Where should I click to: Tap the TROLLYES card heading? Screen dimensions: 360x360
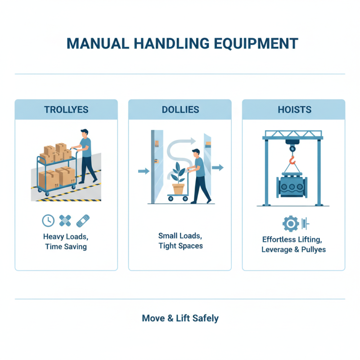66,109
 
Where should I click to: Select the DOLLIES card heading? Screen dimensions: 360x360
180,109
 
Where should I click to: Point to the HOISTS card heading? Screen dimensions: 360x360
293,109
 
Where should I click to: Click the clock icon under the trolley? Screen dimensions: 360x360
48,220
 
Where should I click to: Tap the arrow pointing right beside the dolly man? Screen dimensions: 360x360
218,168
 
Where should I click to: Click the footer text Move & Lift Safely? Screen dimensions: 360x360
180,318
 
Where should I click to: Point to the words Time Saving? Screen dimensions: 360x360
66,247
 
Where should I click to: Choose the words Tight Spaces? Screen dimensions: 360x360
180,246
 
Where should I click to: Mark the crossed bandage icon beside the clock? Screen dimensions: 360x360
66,220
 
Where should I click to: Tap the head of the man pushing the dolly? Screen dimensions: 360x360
194,153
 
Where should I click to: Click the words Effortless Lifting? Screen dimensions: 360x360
293,239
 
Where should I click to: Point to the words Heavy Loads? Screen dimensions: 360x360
66,236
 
